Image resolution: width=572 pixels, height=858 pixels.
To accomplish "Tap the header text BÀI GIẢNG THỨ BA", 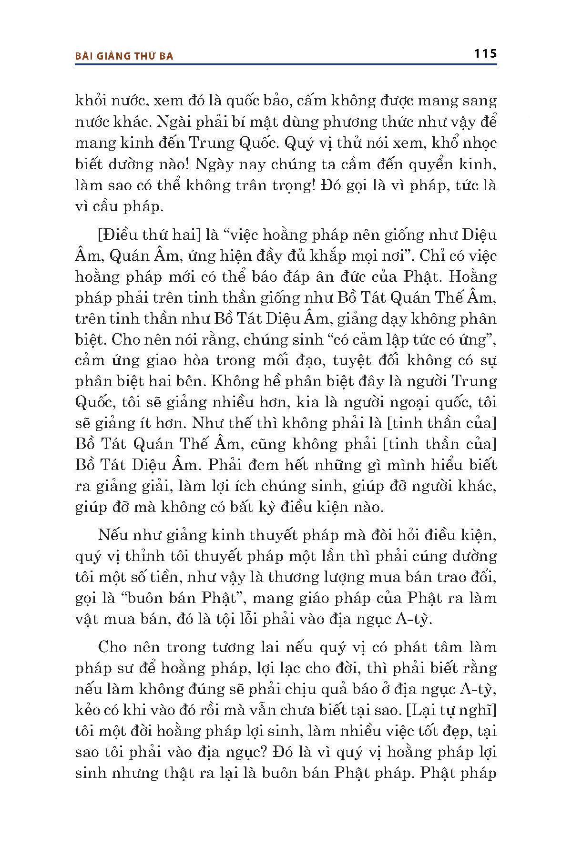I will [x=124, y=56].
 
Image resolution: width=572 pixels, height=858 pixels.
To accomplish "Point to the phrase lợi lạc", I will [x=279, y=668].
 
